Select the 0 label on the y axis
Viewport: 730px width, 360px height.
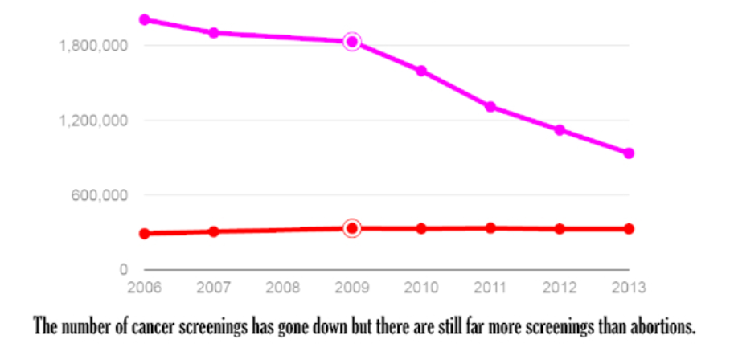pyautogui.click(x=124, y=270)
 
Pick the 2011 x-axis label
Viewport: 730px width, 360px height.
pyautogui.click(x=490, y=287)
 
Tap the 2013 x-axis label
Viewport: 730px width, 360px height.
pyautogui.click(x=629, y=287)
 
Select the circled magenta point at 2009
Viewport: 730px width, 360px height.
pyautogui.click(x=352, y=42)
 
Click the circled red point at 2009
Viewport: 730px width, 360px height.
pyautogui.click(x=352, y=229)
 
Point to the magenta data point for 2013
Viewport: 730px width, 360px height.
pyautogui.click(x=629, y=153)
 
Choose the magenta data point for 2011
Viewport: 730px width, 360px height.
pyautogui.click(x=490, y=107)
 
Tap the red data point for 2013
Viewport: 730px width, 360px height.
pyautogui.click(x=629, y=229)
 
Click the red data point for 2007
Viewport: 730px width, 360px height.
pyautogui.click(x=214, y=231)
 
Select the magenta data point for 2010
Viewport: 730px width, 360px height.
pyautogui.click(x=421, y=72)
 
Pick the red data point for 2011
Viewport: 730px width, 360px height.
pyautogui.click(x=490, y=228)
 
